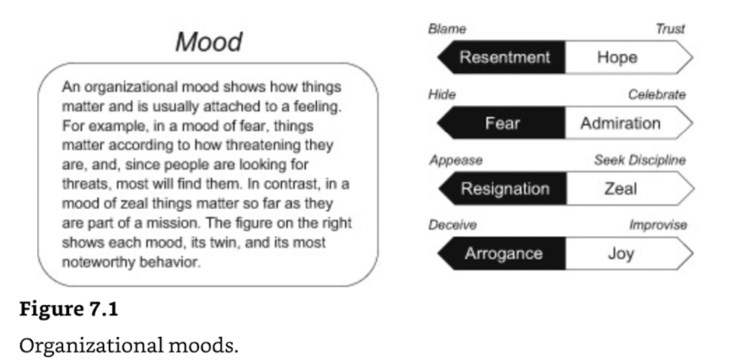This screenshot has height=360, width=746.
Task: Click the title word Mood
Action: (x=209, y=42)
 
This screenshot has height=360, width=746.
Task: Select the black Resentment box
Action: (x=502, y=57)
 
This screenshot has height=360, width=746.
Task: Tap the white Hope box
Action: (x=629, y=57)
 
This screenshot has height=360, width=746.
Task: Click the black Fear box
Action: (x=502, y=123)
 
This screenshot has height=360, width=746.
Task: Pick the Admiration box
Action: (x=629, y=123)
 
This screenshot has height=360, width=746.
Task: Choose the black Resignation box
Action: (x=502, y=189)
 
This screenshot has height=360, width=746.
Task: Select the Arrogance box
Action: (x=502, y=254)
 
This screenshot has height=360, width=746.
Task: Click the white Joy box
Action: (x=629, y=254)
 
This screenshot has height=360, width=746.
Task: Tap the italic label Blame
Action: (x=447, y=29)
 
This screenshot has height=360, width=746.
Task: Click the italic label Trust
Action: (x=670, y=29)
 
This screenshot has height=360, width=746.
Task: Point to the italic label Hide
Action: (x=442, y=95)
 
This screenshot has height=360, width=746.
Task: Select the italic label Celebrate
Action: (x=657, y=95)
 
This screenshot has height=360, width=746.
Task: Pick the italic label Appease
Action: (x=456, y=160)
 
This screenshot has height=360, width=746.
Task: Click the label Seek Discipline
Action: (x=640, y=160)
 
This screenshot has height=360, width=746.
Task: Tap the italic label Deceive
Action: (x=452, y=225)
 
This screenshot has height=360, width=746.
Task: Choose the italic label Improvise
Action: (x=658, y=225)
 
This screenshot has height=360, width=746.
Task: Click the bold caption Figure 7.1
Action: (x=68, y=309)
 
